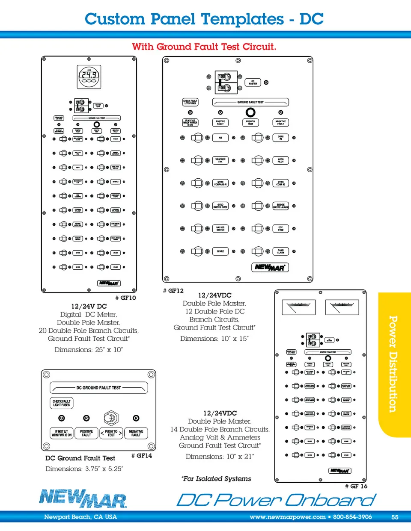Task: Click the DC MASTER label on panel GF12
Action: (x=253, y=83)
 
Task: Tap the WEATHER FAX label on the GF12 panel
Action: (x=220, y=161)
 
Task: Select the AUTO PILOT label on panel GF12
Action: (x=280, y=161)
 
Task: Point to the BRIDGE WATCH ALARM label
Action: (x=280, y=206)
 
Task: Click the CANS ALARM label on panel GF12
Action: (x=280, y=251)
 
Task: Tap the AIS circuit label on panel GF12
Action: (x=220, y=138)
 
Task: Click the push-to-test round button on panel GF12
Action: (x=250, y=112)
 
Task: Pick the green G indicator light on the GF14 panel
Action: (x=62, y=418)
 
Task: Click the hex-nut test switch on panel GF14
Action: (x=111, y=418)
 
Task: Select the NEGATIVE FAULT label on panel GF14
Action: (x=136, y=433)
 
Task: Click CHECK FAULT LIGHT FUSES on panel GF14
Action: (x=62, y=403)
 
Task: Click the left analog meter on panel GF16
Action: (x=298, y=307)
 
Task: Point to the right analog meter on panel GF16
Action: (x=342, y=307)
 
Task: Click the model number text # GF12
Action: (x=173, y=291)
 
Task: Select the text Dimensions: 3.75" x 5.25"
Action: (x=84, y=469)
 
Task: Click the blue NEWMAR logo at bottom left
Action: (x=83, y=499)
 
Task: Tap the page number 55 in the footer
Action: (x=395, y=517)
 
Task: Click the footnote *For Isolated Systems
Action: (x=217, y=479)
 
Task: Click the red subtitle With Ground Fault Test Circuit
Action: (x=204, y=47)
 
